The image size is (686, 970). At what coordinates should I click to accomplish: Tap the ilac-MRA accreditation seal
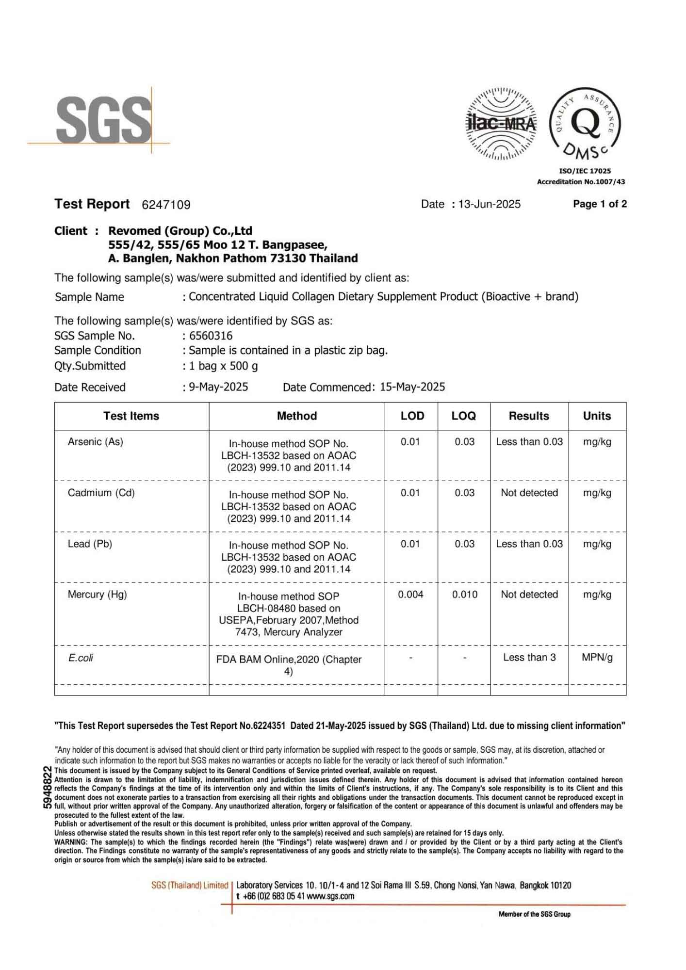pyautogui.click(x=501, y=124)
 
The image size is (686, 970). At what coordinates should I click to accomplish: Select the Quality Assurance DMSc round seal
pyautogui.click(x=585, y=124)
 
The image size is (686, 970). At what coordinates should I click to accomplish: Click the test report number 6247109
pyautogui.click(x=166, y=205)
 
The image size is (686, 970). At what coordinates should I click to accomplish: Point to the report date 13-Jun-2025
pyautogui.click(x=489, y=204)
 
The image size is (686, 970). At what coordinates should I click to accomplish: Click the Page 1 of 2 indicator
pyautogui.click(x=600, y=204)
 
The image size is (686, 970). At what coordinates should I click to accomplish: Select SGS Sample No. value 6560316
pyautogui.click(x=211, y=336)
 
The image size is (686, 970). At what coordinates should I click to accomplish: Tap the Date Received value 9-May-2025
pyautogui.click(x=218, y=387)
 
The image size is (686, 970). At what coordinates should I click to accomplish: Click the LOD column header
pyautogui.click(x=412, y=416)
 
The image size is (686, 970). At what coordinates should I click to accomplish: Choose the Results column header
pyautogui.click(x=529, y=416)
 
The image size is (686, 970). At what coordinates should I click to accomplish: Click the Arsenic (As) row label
pyautogui.click(x=96, y=442)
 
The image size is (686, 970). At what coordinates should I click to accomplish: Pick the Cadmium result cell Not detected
pyautogui.click(x=529, y=493)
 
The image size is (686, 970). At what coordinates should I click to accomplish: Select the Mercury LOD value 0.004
pyautogui.click(x=410, y=595)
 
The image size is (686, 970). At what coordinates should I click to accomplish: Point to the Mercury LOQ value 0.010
pyautogui.click(x=464, y=595)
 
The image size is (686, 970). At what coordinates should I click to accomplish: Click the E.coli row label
pyautogui.click(x=81, y=658)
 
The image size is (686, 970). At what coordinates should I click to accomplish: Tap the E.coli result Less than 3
pyautogui.click(x=529, y=658)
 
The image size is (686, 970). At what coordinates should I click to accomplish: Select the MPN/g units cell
pyautogui.click(x=597, y=658)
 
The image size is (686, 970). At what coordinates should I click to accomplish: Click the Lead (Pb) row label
pyautogui.click(x=90, y=544)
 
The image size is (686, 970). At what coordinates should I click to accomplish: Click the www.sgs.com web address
pyautogui.click(x=330, y=896)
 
